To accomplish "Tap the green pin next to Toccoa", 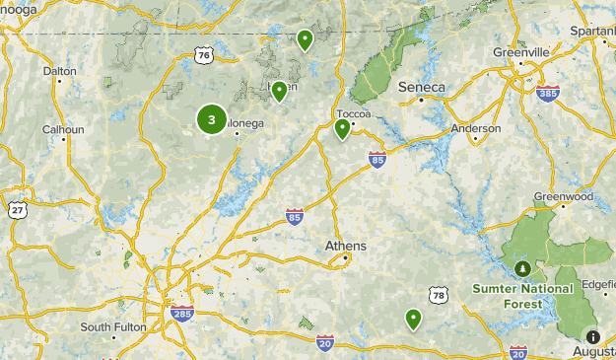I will click(x=342, y=128).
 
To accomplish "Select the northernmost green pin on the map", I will click(x=306, y=40).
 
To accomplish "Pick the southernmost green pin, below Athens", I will click(x=413, y=319).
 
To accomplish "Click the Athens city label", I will click(x=346, y=246).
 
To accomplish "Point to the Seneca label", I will click(x=422, y=87).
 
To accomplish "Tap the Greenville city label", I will click(x=522, y=51).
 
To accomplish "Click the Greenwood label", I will click(x=565, y=196).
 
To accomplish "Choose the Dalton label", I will click(x=60, y=71).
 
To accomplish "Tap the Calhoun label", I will click(x=62, y=128).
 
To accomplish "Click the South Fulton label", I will click(x=113, y=326).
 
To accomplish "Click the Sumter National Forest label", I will click(x=522, y=296).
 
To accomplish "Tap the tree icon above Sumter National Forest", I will click(x=523, y=268).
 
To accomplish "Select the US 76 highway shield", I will click(x=203, y=55).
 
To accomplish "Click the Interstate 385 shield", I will click(x=548, y=94).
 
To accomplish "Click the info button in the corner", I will click(x=592, y=337).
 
